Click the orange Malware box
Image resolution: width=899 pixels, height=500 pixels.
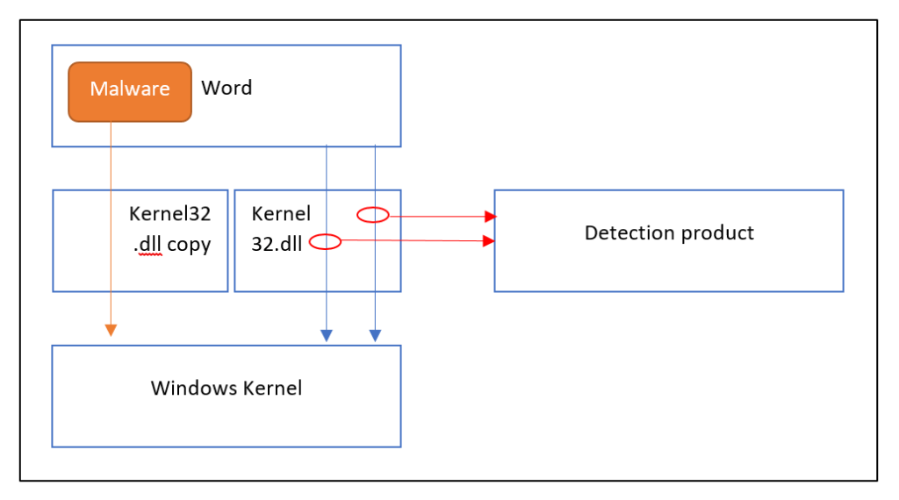[x=130, y=91]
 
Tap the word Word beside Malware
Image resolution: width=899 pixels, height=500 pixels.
[x=227, y=88]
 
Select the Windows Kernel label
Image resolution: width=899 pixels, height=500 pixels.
[x=227, y=388]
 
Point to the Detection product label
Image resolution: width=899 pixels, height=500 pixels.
[x=669, y=233]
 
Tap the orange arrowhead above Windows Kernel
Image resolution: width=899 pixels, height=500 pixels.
[x=111, y=330]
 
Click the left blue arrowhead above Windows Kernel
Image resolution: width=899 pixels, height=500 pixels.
[x=327, y=336]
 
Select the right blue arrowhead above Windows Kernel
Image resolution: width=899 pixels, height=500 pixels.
[x=375, y=336]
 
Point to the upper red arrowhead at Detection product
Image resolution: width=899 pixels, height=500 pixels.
[x=490, y=217]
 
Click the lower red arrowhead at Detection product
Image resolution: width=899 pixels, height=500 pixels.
[x=488, y=240]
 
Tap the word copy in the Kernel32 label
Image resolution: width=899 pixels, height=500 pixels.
[x=190, y=245]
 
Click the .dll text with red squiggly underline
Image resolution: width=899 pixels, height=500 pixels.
[x=147, y=244]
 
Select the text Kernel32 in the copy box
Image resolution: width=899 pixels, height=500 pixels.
[x=169, y=214]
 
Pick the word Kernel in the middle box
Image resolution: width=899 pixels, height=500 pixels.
[x=281, y=214]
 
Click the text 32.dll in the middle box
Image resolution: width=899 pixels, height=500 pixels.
[x=277, y=244]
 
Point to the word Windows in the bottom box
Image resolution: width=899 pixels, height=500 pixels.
[x=194, y=388]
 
